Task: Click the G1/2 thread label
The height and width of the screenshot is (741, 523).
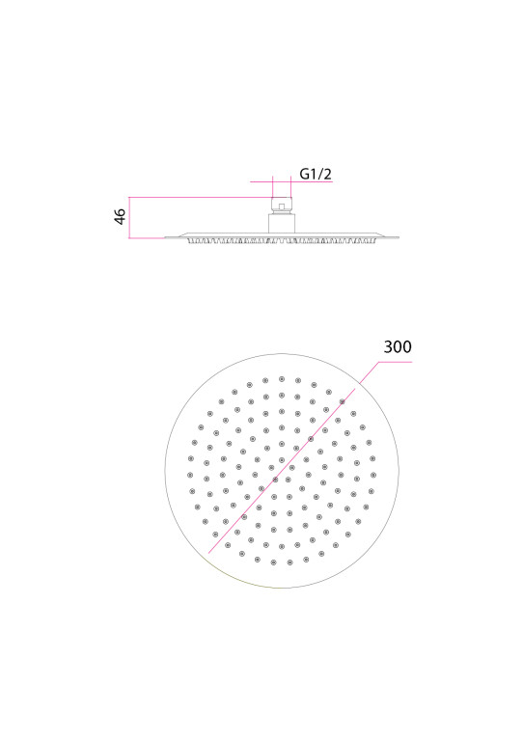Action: (x=316, y=174)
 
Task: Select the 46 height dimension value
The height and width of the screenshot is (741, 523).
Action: (x=120, y=216)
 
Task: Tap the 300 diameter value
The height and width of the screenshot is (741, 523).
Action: (x=398, y=346)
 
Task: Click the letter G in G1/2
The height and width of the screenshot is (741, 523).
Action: (x=305, y=174)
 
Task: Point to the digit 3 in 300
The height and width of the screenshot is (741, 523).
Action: (x=388, y=346)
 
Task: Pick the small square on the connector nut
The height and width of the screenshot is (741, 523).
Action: (x=282, y=206)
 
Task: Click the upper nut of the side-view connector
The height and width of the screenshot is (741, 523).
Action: (x=282, y=206)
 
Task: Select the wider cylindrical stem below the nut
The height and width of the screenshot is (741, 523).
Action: (x=282, y=223)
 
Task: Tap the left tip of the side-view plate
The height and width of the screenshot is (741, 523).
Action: (x=165, y=237)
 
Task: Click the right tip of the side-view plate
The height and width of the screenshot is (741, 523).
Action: (x=399, y=237)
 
